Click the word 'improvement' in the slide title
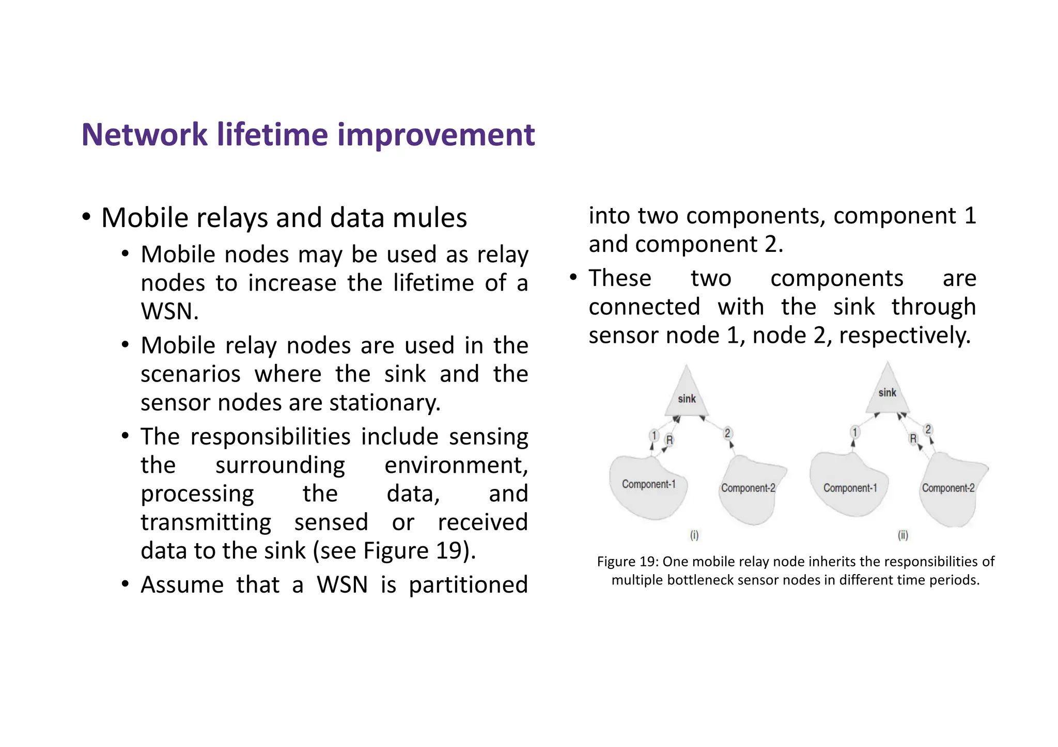click(435, 135)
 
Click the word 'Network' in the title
click(145, 135)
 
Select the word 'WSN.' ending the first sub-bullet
click(169, 311)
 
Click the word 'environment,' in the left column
click(456, 465)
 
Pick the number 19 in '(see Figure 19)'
click(448, 550)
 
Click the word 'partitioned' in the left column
click(468, 585)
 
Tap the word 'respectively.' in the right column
click(905, 336)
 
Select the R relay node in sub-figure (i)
click(670, 440)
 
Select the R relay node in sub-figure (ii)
click(913, 438)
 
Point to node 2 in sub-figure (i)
click(727, 433)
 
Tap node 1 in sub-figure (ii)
click(855, 432)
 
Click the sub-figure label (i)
click(694, 535)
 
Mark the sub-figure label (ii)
click(903, 535)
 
